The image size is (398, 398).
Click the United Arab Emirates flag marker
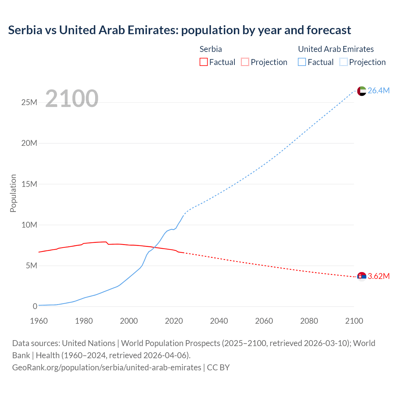click(362, 91)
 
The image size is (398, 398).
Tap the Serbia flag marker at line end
click(362, 276)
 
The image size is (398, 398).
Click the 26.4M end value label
click(378, 90)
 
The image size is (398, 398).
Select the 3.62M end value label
click(378, 276)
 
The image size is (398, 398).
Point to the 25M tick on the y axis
click(29, 102)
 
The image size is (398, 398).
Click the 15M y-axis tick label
click(29, 184)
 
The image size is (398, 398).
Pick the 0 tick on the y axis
click(35, 306)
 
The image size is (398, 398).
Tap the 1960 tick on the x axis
click(39, 321)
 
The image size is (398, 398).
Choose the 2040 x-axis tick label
click(219, 321)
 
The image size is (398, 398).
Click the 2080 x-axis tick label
click(309, 321)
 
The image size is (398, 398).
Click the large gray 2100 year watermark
click(72, 99)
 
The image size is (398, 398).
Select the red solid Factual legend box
click(203, 62)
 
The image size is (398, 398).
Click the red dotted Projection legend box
click(245, 62)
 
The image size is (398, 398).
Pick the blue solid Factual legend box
click(302, 62)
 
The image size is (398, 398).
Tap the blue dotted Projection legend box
click(344, 62)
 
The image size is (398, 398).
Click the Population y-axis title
click(13, 193)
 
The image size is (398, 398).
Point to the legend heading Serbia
click(211, 49)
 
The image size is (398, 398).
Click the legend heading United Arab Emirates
click(336, 49)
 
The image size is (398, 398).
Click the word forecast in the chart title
click(329, 30)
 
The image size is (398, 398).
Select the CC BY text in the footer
click(218, 367)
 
